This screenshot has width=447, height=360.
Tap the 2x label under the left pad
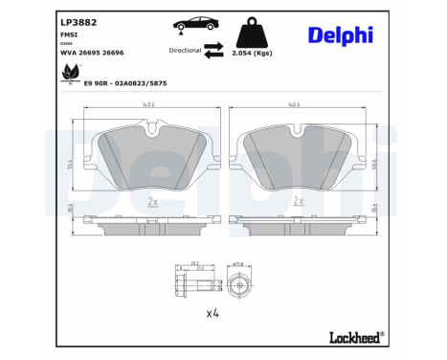point(152,201)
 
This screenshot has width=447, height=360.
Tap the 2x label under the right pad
point(299,201)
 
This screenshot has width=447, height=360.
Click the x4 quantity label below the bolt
point(212,312)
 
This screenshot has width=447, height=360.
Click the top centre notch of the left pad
point(152,128)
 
